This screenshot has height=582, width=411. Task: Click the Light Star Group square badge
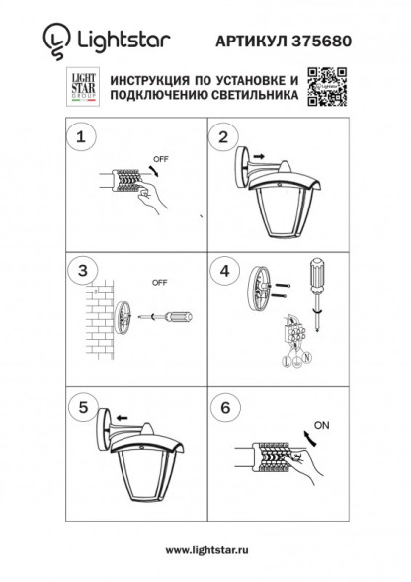click(81, 86)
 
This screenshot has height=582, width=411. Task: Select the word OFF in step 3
click(159, 283)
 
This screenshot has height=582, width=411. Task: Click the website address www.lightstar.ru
click(205, 549)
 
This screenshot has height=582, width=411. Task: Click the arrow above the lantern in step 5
click(122, 418)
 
